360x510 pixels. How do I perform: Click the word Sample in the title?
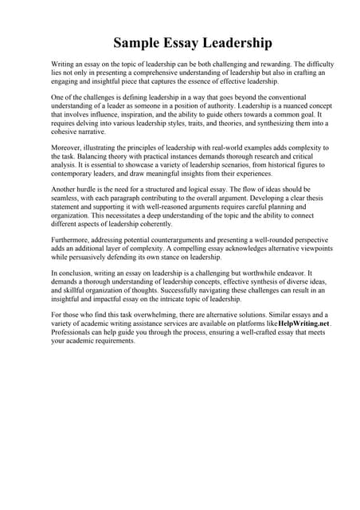(139, 41)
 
